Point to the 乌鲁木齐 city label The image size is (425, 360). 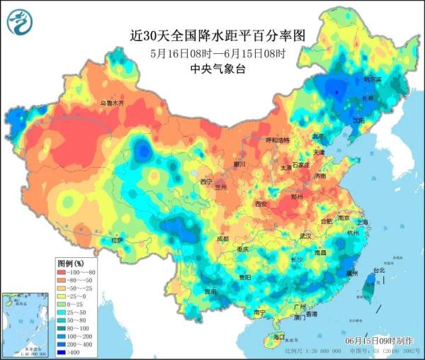[x=111, y=103]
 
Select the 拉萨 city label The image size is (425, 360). [x=117, y=240]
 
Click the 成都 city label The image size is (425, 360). [x=223, y=239]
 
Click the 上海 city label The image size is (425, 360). [x=363, y=222]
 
